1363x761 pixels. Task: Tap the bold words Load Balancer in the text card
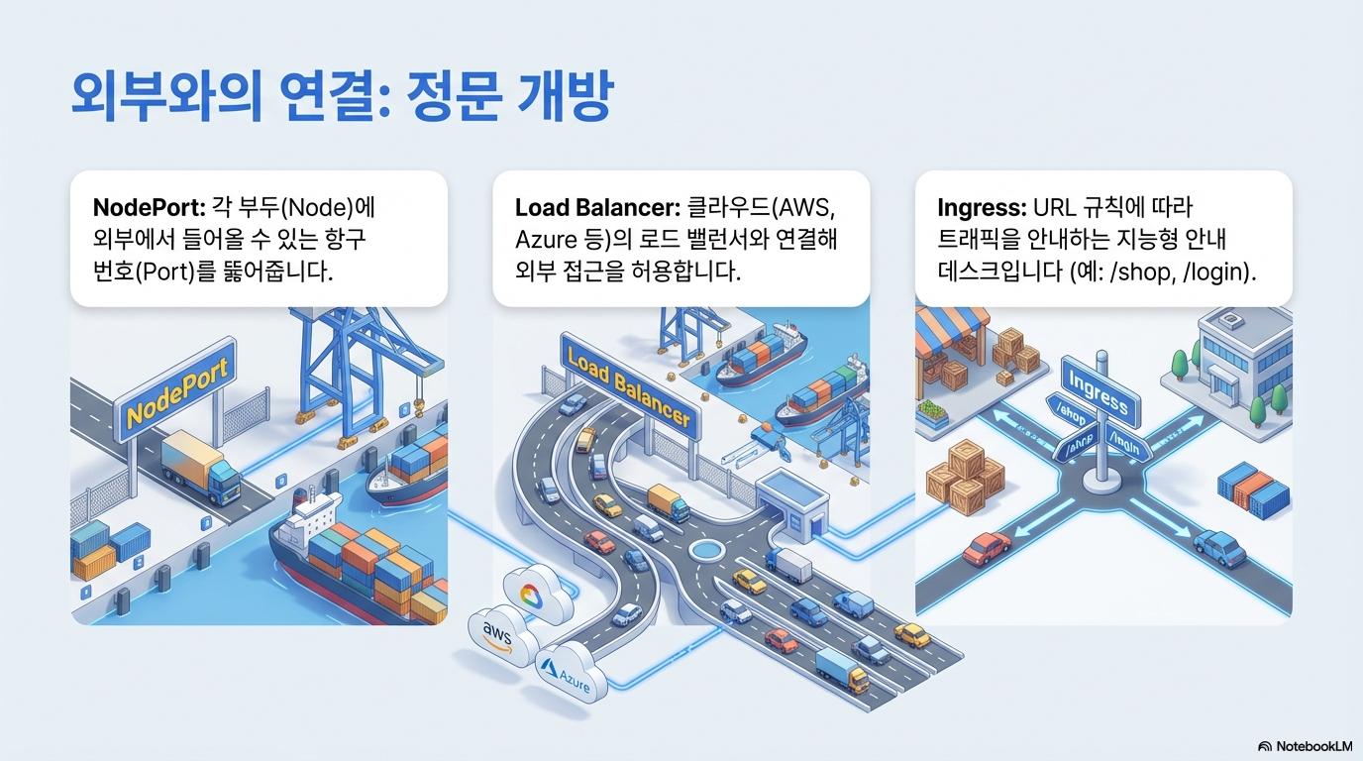594,208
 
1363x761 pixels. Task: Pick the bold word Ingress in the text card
981,208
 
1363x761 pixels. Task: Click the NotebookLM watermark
1306,745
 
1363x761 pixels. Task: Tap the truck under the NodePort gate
200,465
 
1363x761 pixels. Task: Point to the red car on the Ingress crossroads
986,548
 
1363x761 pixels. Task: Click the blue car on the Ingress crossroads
1219,547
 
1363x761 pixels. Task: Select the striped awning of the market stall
953,328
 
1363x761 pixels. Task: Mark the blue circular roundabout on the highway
710,548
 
